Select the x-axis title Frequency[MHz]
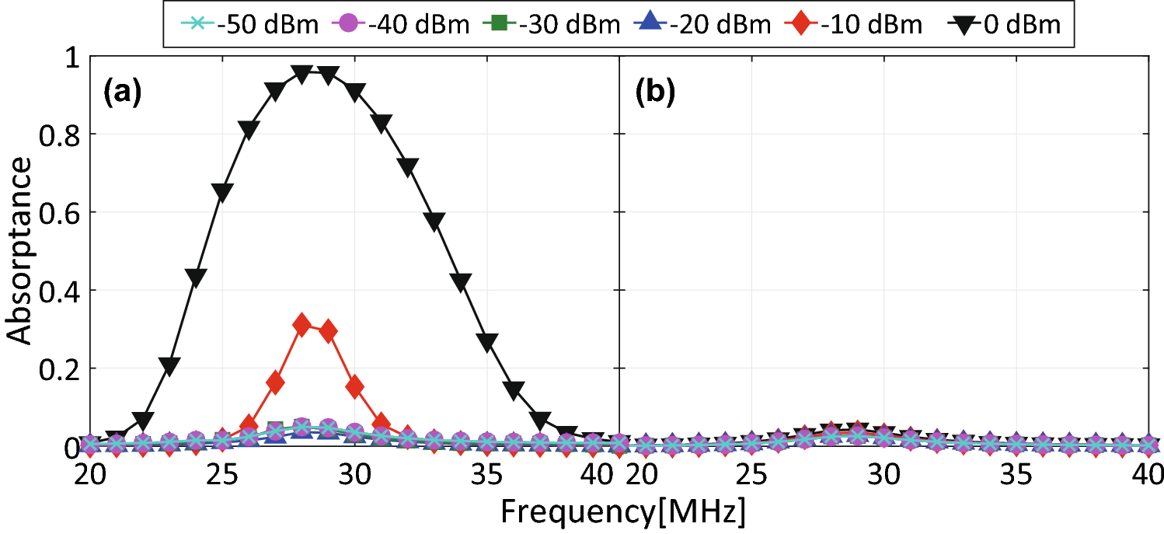[x=622, y=513]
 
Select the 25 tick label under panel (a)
[x=222, y=473]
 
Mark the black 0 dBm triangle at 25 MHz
[x=222, y=193]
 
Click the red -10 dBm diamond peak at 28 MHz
[x=302, y=325]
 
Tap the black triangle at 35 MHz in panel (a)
[x=488, y=342]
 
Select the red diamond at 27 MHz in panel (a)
[x=275, y=382]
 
